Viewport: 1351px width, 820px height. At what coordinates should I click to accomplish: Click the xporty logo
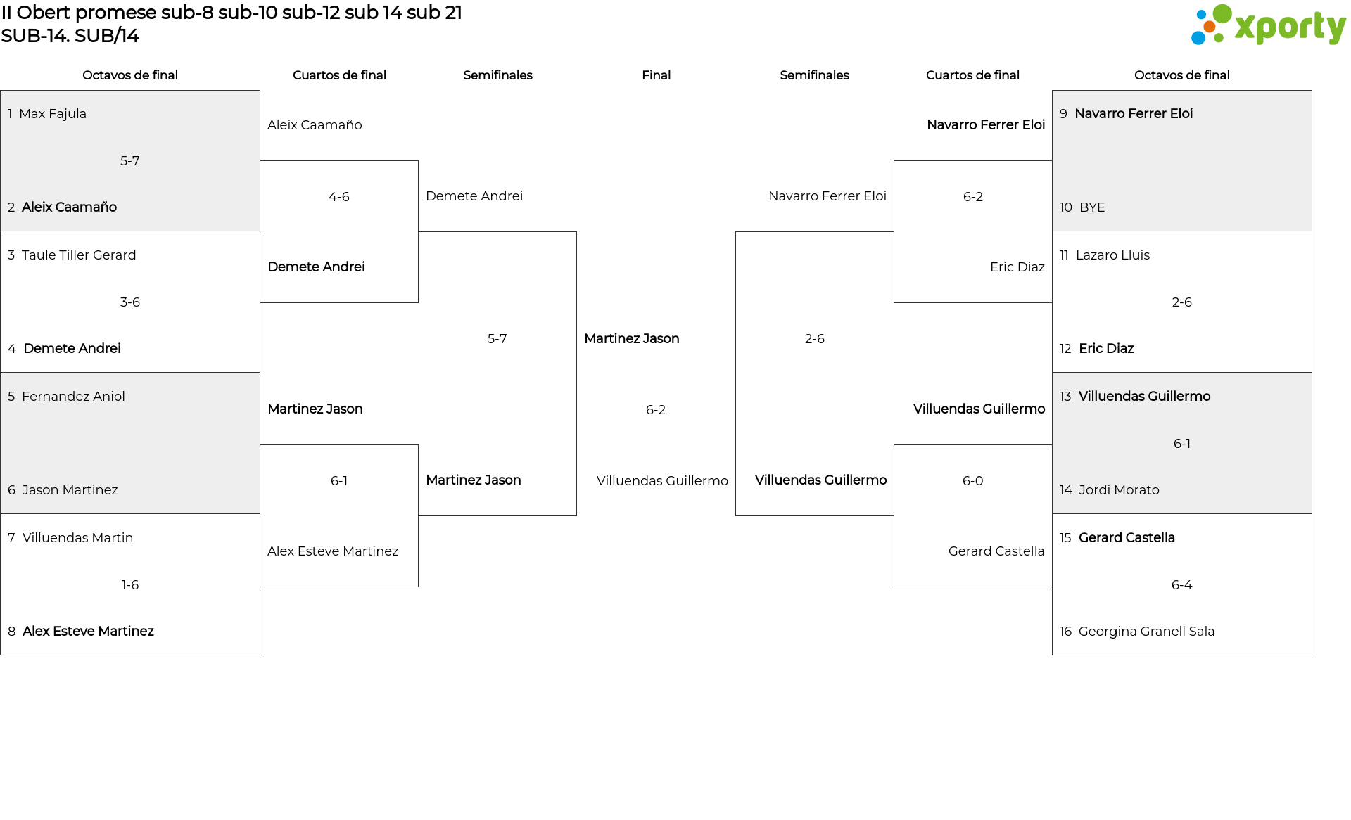[x=1268, y=25]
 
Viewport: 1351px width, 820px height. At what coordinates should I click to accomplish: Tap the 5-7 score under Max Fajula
[x=130, y=161]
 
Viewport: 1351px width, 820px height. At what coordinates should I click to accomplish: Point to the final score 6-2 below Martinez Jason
[x=656, y=410]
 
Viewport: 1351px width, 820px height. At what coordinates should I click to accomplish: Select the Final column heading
[x=656, y=75]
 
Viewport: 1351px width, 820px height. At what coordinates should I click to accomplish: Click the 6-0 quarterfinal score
[x=973, y=481]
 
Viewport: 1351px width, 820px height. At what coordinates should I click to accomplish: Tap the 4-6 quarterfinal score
[x=339, y=197]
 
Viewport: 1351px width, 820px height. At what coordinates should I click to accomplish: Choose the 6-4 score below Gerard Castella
[x=1182, y=585]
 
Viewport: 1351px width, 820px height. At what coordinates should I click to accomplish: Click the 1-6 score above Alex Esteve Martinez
[x=130, y=585]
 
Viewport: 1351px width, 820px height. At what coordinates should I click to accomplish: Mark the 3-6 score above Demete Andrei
[x=130, y=302]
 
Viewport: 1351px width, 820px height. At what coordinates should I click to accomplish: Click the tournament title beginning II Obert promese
[x=231, y=13]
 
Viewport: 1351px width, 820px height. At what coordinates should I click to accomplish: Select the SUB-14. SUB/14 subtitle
[x=70, y=36]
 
